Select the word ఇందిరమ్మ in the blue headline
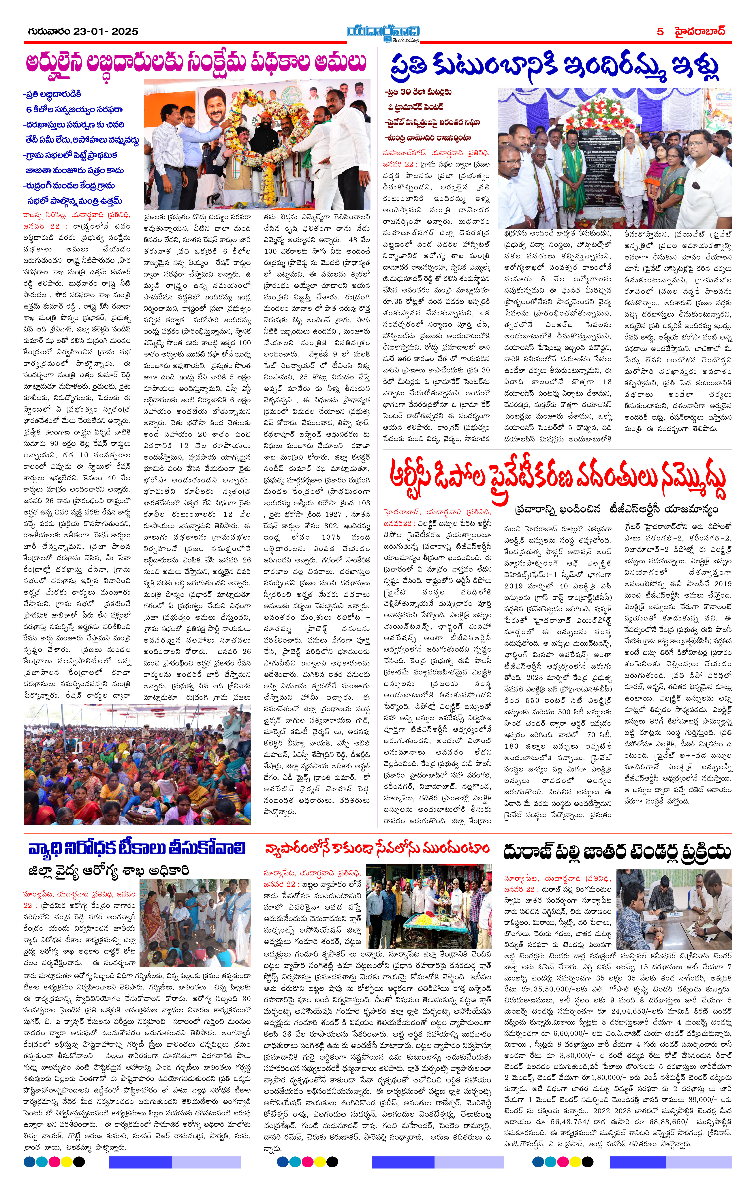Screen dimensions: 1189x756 (x=612, y=69)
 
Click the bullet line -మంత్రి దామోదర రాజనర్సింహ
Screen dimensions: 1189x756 (x=428, y=138)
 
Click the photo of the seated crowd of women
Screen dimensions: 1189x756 (x=137, y=762)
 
